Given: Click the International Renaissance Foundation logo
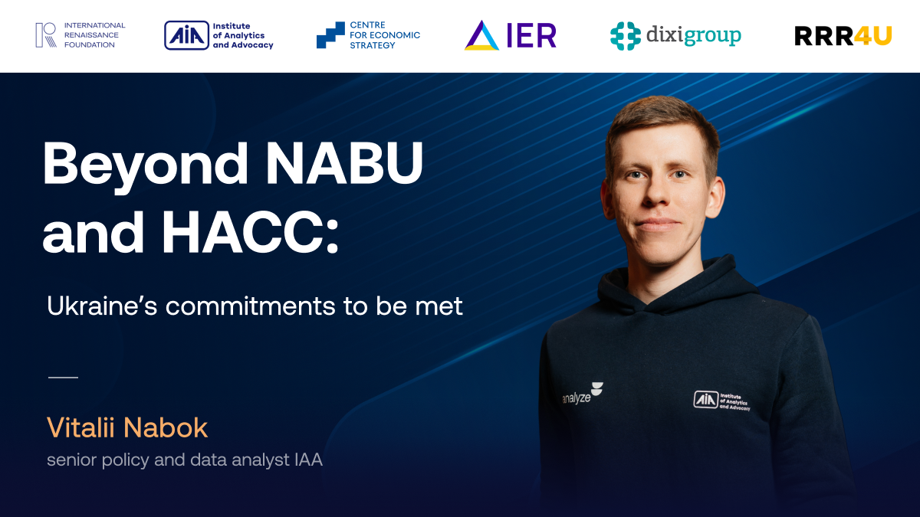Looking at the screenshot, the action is coord(80,35).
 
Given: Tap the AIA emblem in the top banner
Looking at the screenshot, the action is coord(187,35).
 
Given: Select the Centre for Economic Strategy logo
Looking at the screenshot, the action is coord(369,35).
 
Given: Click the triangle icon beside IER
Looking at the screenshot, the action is coord(481,35).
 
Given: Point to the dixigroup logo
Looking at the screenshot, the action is coord(675,36).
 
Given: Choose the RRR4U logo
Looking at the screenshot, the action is coord(843,36).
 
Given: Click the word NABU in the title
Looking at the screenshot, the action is coord(344,163).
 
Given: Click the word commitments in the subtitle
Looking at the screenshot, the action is coord(250,306).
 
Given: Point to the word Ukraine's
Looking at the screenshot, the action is coord(102,306).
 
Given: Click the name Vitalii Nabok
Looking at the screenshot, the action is coord(127,427).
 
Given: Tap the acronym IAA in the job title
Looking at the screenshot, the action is coord(308,460).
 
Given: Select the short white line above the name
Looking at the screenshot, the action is coord(63,377).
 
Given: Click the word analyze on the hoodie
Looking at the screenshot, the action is coord(577,398).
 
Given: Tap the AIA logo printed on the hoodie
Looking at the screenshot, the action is coord(721,401).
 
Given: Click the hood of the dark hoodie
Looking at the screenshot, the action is coord(678,287).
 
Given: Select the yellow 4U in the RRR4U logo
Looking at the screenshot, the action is coord(872,36).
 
